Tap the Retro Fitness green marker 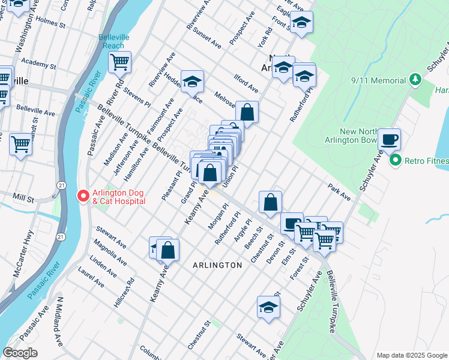pos(395,160)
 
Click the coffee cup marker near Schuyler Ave pos(390,139)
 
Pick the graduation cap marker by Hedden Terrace pos(192,80)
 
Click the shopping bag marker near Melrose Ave pos(247,111)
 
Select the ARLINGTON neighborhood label pos(217,265)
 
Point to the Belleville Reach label pos(112,41)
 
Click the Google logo pos(20,353)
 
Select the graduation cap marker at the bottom pos(268,307)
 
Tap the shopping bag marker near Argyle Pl pos(271,202)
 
